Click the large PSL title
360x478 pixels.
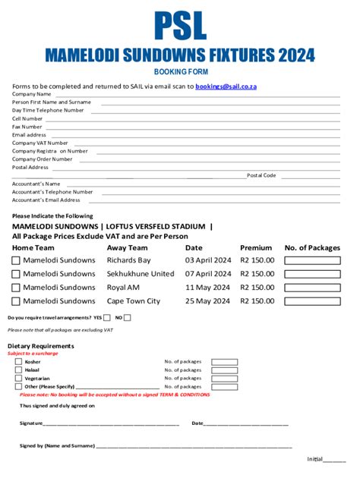tap(180, 26)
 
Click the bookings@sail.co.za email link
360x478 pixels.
tap(226, 86)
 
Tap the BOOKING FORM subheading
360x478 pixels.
tap(180, 71)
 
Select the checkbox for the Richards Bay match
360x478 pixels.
tap(16, 260)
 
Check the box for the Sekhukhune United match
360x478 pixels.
tap(16, 274)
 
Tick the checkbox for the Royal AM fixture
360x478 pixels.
tap(16, 288)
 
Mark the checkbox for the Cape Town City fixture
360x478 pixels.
tap(16, 301)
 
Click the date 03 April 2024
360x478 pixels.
tap(208, 260)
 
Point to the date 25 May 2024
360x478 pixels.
tap(207, 301)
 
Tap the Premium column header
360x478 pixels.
tap(256, 248)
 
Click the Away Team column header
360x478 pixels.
tap(127, 248)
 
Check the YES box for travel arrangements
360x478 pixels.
tap(106, 317)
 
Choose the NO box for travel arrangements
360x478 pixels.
tap(127, 317)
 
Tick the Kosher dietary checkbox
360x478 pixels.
tap(19, 362)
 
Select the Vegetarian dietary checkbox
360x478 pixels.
tap(19, 378)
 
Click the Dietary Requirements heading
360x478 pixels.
tap(40, 346)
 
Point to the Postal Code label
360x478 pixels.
tap(261, 175)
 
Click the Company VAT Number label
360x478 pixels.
tap(39, 143)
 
